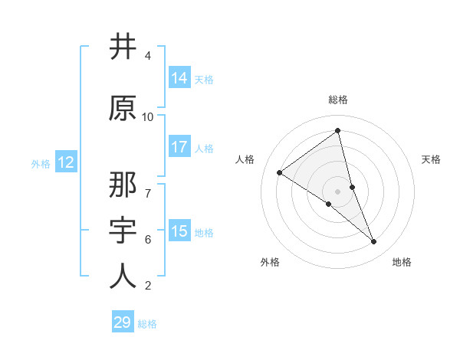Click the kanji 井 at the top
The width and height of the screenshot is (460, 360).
(x=123, y=47)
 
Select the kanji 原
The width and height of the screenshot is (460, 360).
(x=123, y=108)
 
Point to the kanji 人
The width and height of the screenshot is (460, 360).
(x=123, y=276)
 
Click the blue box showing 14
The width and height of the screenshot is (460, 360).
(x=179, y=78)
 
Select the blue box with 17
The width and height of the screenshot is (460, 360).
(x=179, y=147)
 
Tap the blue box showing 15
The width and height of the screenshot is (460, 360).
(x=179, y=231)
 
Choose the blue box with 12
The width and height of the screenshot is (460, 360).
(x=65, y=162)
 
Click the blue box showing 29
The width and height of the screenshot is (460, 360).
(x=123, y=322)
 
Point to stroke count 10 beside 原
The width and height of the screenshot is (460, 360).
(x=148, y=117)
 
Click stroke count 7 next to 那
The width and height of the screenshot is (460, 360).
(x=148, y=186)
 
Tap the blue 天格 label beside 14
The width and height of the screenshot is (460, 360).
(x=203, y=79)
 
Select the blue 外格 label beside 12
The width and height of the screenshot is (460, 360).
(x=41, y=163)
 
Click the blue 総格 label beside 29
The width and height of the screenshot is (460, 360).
(x=147, y=324)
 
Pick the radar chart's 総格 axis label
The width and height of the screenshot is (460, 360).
(x=338, y=100)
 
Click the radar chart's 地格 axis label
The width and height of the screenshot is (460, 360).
(x=402, y=262)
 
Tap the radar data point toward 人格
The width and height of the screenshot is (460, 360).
(x=280, y=172)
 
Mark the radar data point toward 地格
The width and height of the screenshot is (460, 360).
(x=374, y=242)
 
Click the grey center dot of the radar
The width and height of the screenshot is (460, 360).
(x=338, y=191)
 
